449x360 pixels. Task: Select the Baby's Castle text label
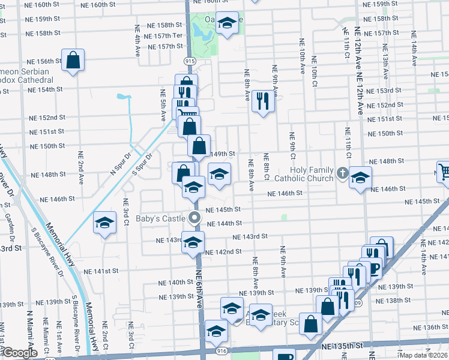pyautogui.click(x=160, y=218)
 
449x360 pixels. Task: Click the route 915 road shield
pyautogui.click(x=190, y=61)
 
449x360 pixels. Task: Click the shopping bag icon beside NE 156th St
pyautogui.click(x=73, y=60)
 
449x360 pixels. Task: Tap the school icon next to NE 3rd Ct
pyautogui.click(x=104, y=223)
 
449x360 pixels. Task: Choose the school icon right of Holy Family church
pyautogui.click(x=360, y=178)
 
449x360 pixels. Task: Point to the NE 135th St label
pyautogui.click(x=343, y=346)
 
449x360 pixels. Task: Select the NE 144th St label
pyautogui.click(x=223, y=223)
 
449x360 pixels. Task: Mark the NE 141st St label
pyautogui.click(x=101, y=271)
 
